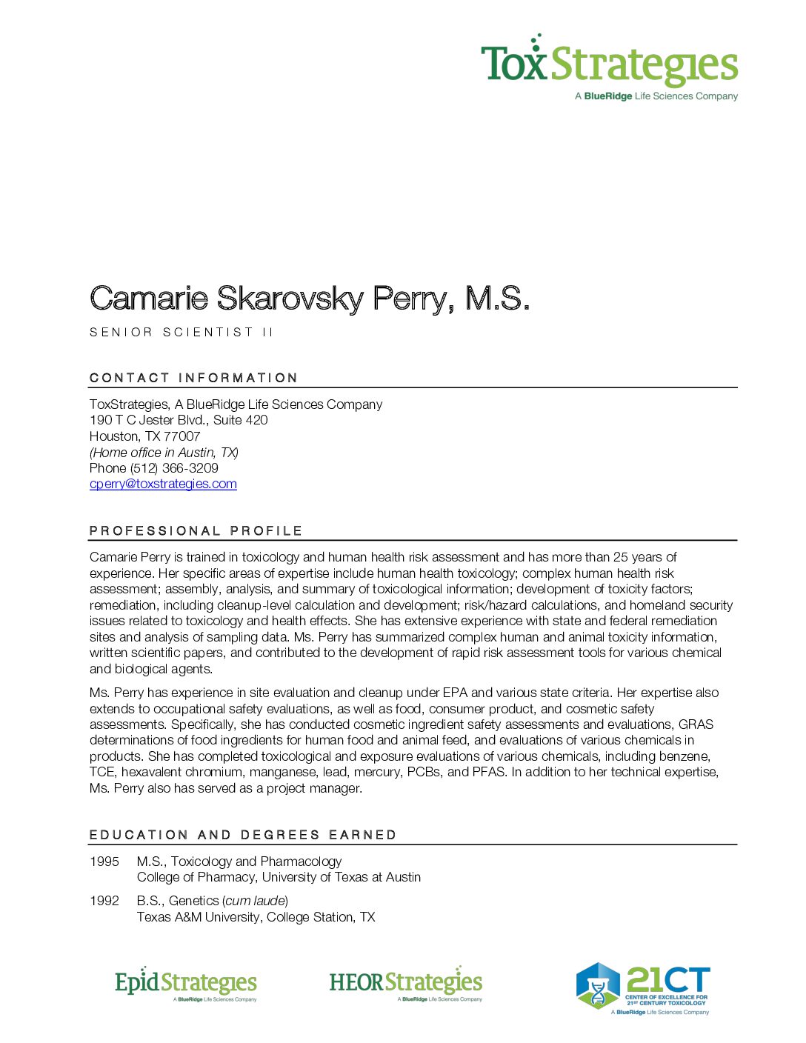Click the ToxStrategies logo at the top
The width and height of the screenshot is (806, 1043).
609,67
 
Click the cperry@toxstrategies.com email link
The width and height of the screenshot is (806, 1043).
163,484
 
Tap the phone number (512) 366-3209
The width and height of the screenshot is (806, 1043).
174,468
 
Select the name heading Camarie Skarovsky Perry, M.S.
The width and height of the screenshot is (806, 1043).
310,299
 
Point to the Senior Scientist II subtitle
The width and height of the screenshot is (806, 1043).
181,333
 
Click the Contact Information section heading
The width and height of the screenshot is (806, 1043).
193,378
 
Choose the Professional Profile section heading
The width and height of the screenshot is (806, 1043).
196,531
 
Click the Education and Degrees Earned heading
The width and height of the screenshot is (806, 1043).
243,835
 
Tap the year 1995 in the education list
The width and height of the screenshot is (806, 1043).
104,862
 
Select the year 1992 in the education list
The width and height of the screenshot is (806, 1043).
104,901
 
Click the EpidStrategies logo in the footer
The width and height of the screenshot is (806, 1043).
186,984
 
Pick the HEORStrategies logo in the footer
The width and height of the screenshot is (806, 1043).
405,984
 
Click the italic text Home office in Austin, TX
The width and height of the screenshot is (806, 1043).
164,453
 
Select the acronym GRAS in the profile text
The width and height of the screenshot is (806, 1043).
696,724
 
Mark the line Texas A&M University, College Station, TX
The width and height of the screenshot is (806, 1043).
256,917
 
